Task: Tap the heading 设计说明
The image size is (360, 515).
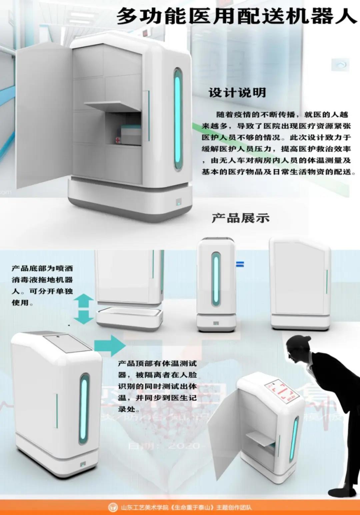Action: pos(237,92)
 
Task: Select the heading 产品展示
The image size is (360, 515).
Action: pos(240,218)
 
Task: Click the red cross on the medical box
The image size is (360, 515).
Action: pos(118,140)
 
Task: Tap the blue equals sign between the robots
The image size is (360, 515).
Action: pos(240,265)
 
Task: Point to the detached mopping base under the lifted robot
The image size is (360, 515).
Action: pos(130,318)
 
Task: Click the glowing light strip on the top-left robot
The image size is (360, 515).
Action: pos(178,119)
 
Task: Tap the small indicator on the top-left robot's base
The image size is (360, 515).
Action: pos(179,202)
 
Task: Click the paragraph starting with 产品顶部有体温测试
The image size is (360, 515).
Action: pos(157,386)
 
